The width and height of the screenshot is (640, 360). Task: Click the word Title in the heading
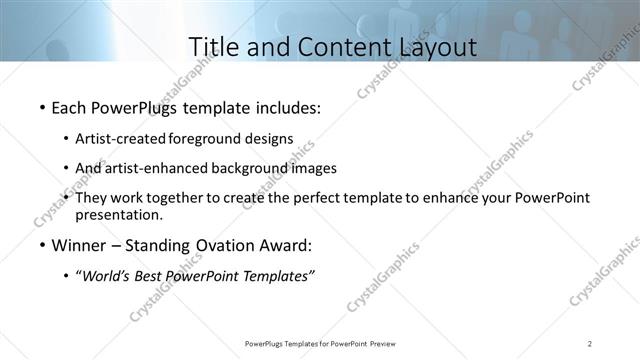click(x=215, y=46)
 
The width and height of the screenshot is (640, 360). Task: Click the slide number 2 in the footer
click(x=590, y=344)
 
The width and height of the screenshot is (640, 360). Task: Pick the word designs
click(x=271, y=138)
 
